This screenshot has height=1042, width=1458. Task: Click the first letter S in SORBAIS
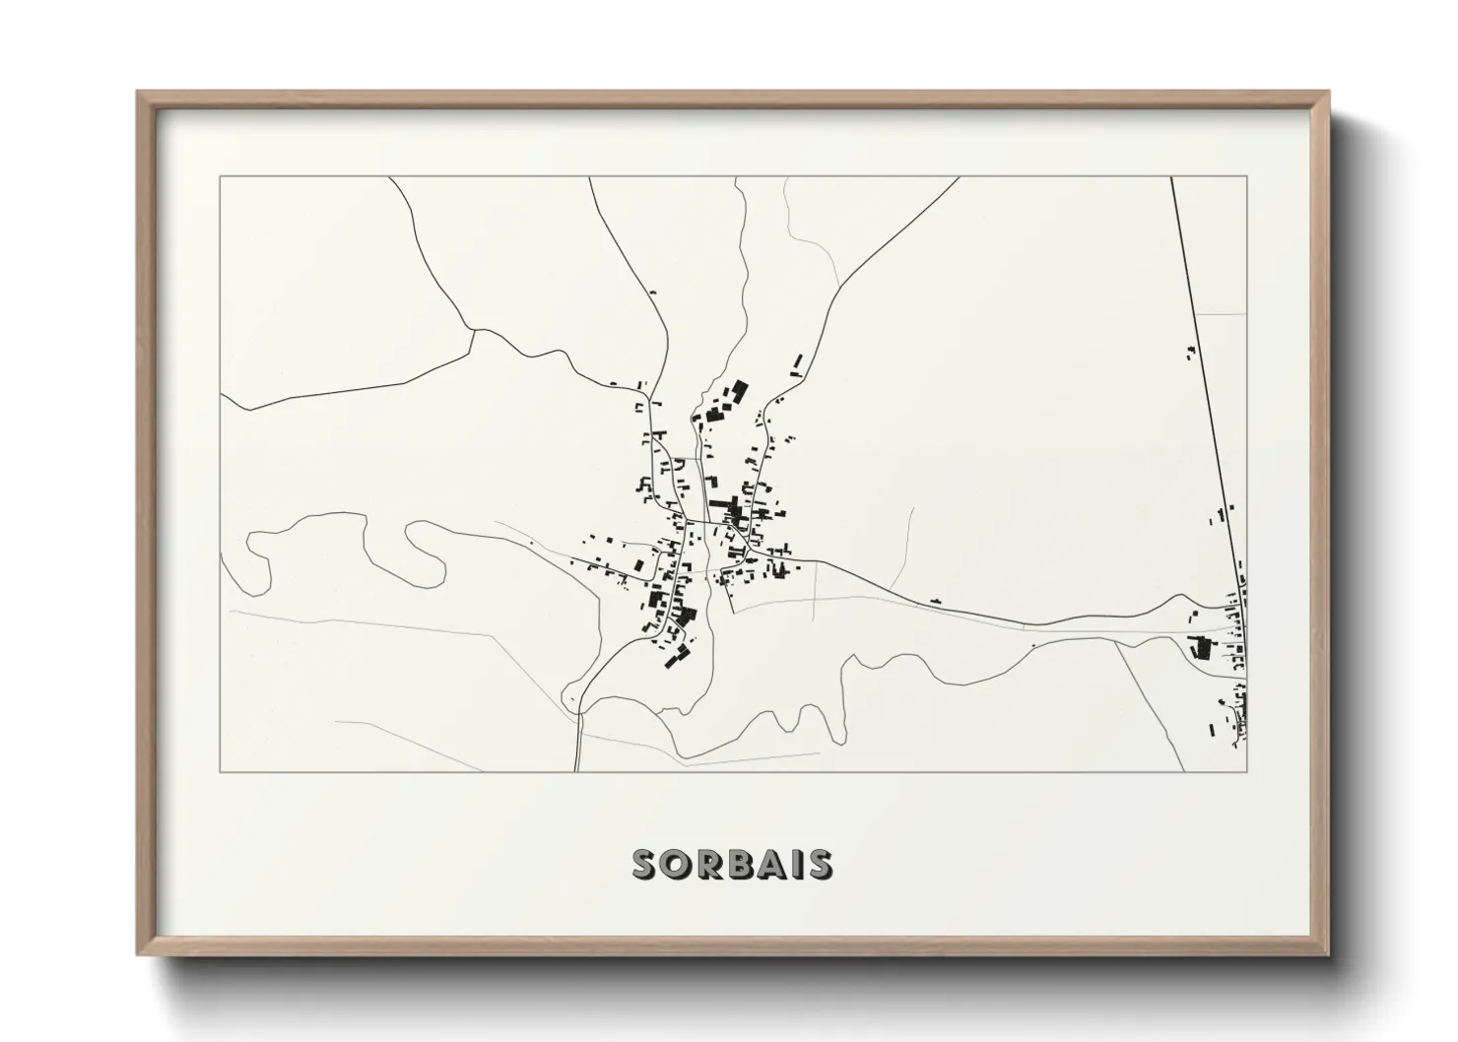point(645,865)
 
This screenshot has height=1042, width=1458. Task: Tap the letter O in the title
point(677,865)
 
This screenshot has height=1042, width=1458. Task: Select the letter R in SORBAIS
point(708,865)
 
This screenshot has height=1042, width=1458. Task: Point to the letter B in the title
point(740,865)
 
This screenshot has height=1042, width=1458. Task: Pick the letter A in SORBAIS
point(771,865)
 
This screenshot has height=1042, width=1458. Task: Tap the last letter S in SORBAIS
point(818,865)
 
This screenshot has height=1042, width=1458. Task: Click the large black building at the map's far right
point(1200,648)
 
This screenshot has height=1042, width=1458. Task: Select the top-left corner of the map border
point(221,177)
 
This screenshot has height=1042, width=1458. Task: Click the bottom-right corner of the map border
point(1247,772)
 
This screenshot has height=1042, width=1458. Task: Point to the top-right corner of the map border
point(1247,177)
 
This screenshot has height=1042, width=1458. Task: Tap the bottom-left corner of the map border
point(221,772)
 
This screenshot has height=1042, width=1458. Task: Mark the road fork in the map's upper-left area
point(475,331)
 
